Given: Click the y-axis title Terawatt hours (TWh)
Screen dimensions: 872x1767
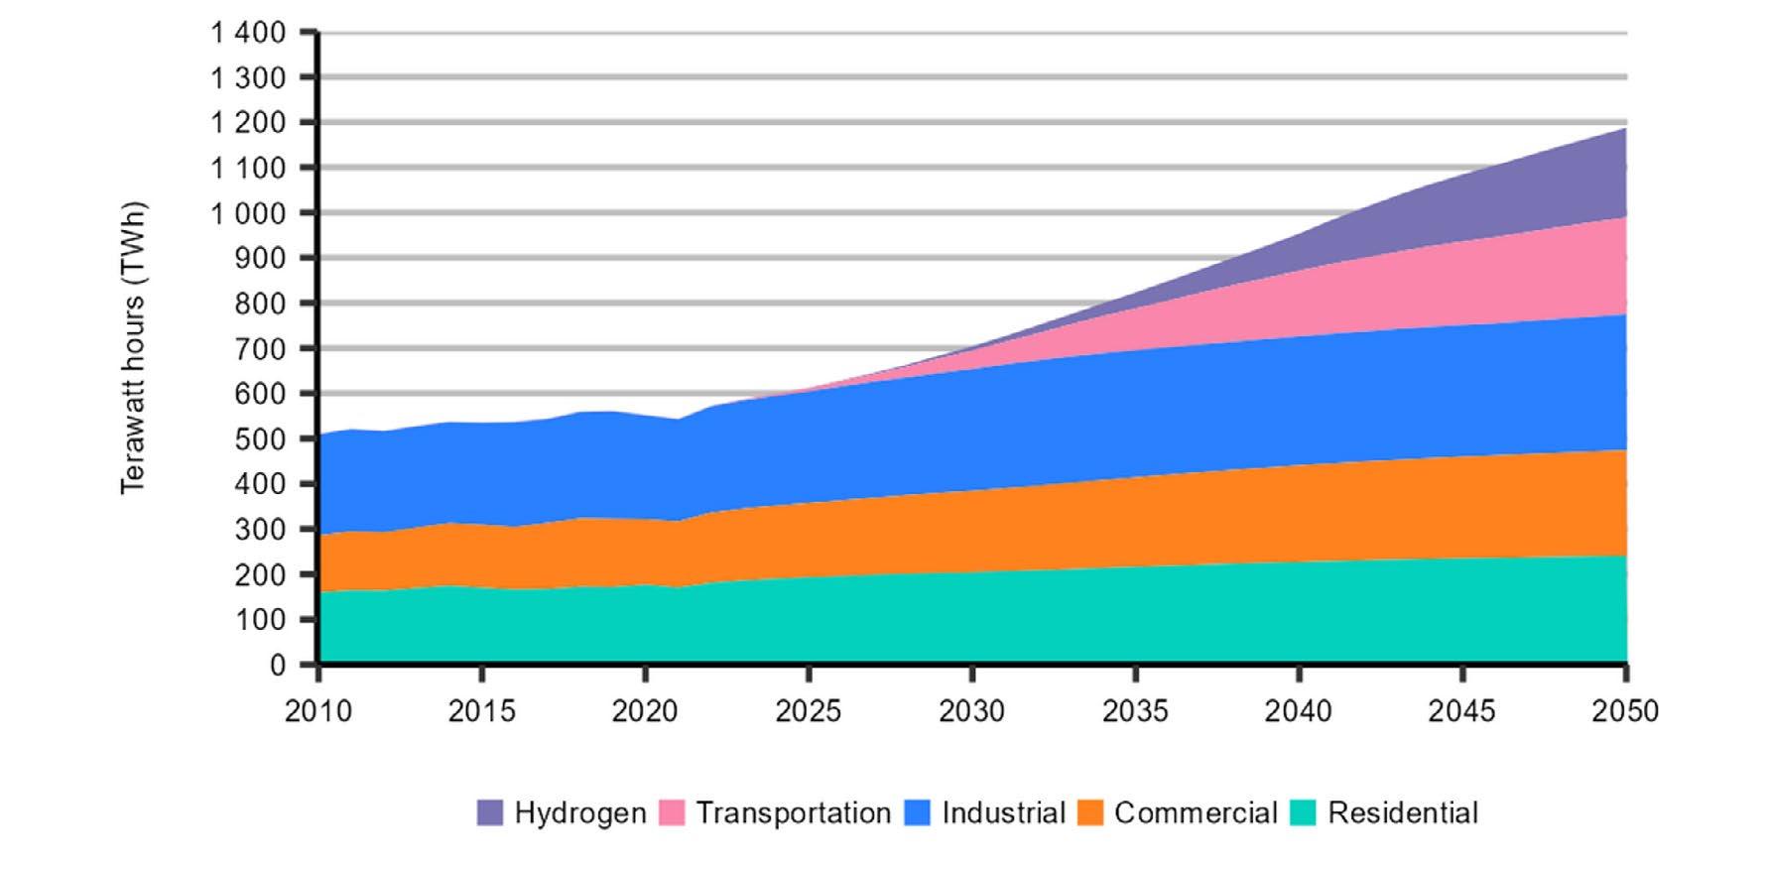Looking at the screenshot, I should pos(134,348).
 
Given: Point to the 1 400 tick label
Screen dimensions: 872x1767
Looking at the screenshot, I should pos(248,33).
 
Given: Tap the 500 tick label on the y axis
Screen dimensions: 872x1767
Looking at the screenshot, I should pos(261,438).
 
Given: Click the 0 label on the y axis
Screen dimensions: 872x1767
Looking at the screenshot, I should pos(278,665).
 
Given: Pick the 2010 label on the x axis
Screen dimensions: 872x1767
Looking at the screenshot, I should pos(318,711).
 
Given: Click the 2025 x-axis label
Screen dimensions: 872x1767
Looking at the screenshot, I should pos(809,711).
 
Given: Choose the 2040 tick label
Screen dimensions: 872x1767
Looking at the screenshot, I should pos(1299,711).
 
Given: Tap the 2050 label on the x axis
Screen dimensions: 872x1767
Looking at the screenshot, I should pos(1625,711).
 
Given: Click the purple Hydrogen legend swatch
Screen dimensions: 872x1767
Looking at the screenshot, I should pos(490,813).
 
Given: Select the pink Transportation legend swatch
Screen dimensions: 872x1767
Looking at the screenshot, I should pos(673,813).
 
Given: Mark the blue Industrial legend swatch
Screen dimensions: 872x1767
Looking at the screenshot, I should pos(918,813).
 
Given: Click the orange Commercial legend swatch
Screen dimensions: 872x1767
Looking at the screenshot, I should pos(1090,813).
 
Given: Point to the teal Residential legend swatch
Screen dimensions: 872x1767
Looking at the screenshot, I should pos(1304,813).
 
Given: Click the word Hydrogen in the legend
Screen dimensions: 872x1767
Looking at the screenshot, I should pos(580,813).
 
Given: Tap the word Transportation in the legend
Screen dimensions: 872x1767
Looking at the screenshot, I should pos(794,813).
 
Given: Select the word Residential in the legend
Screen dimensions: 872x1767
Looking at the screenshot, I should pos(1403,813).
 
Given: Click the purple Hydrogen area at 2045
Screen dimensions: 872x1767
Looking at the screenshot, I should pos(1462,208).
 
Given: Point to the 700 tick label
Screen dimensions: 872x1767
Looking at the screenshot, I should pos(261,348).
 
